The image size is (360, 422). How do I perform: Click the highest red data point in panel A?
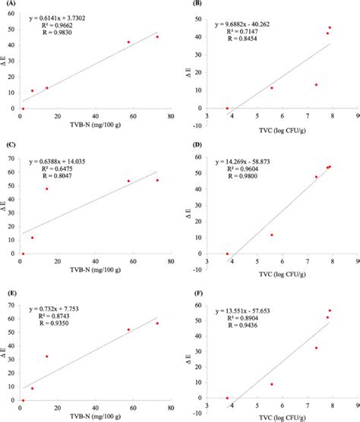(157, 36)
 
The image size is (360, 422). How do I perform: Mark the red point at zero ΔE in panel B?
(227, 109)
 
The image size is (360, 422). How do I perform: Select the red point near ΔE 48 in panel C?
(47, 189)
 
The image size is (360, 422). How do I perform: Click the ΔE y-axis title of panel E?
(5, 350)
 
